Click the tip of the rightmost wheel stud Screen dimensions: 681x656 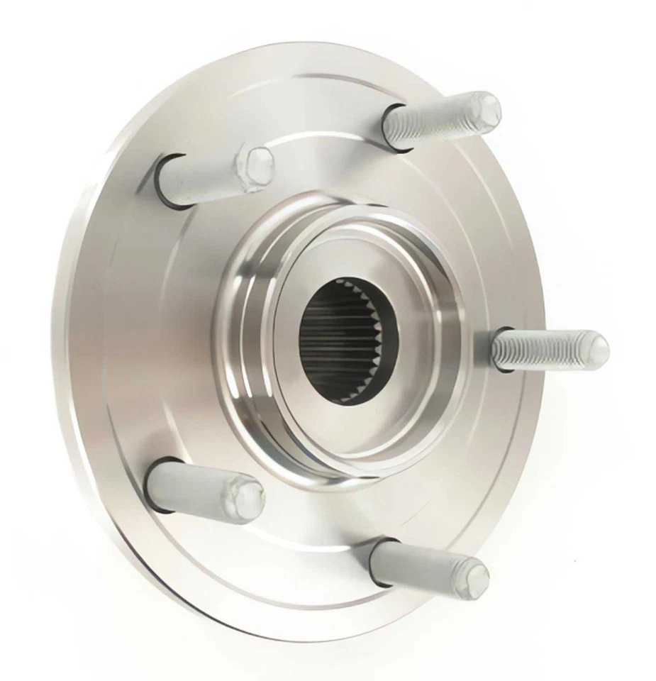pos(597,350)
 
